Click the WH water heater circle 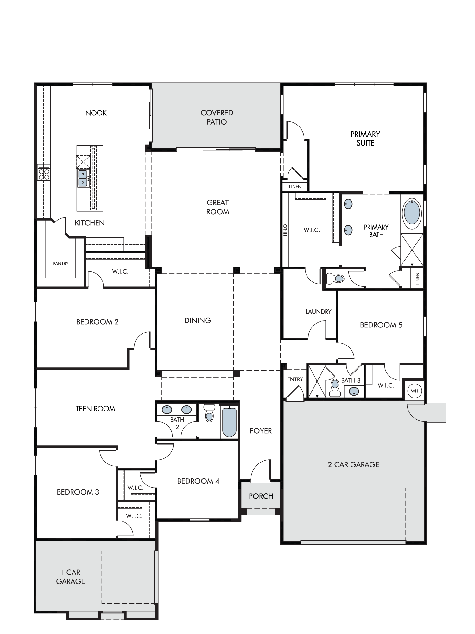coord(415,391)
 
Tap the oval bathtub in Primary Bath coord(412,211)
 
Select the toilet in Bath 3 coord(334,388)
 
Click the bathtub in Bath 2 coord(229,422)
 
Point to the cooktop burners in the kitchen coord(44,174)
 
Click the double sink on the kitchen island coord(83,178)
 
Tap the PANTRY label coord(60,264)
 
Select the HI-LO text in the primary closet coord(285,230)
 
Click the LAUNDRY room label coord(318,312)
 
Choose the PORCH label coord(261,496)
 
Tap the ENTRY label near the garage coord(295,379)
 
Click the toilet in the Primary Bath coord(335,279)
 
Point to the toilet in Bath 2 coord(209,413)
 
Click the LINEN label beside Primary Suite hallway coord(295,187)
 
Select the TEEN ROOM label coord(95,409)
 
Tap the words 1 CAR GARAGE coord(71,577)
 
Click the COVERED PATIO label coord(217,117)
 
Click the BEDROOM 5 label coord(381,325)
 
